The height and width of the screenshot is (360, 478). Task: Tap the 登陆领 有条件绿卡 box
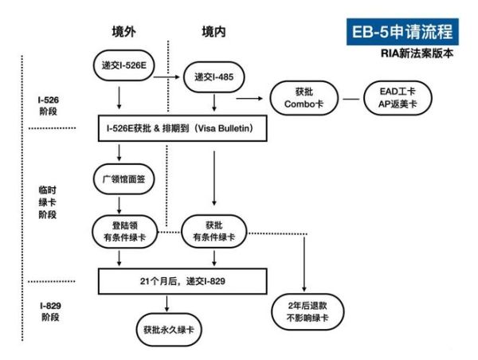119,232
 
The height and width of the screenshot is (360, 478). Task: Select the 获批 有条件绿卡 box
214,232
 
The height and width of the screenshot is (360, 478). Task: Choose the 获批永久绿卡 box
167,327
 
